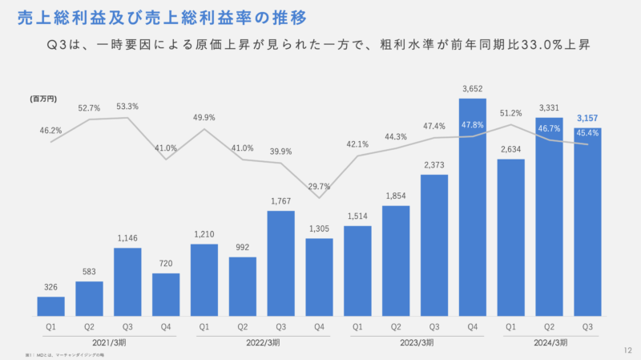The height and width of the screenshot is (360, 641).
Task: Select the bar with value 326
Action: (50, 306)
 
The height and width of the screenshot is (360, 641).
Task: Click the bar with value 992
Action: (243, 286)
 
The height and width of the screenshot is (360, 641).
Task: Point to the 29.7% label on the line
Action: (320, 185)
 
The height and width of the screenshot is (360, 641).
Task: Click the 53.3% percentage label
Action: (127, 106)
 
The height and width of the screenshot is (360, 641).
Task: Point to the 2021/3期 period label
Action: (108, 342)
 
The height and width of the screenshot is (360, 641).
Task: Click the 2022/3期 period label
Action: (262, 342)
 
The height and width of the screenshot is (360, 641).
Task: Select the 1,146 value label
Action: (127, 238)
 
